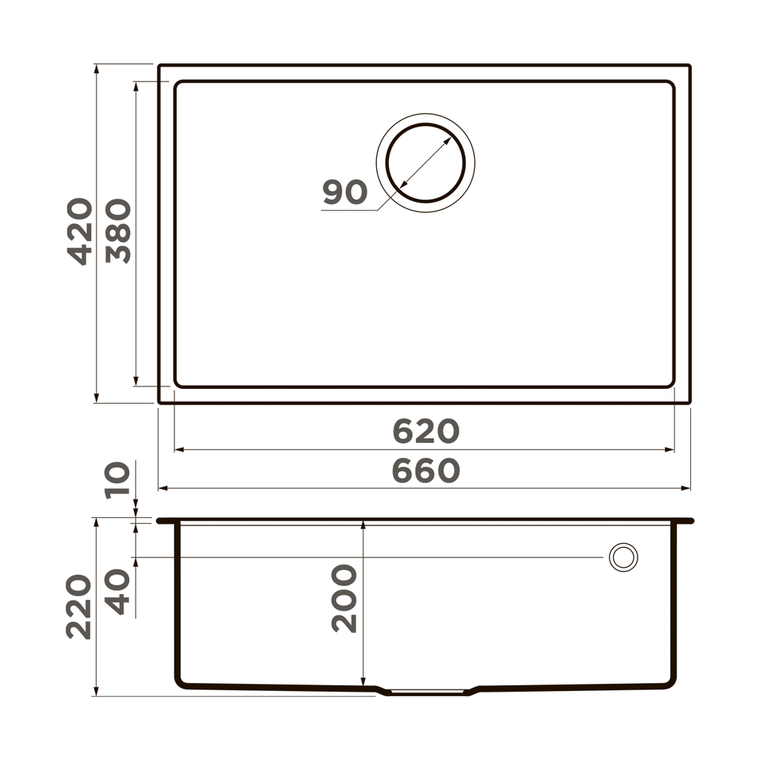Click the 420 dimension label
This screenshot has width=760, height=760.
80,231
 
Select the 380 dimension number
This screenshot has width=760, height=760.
118,231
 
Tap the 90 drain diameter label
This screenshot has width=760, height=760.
345,193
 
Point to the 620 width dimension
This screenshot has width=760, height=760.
426,431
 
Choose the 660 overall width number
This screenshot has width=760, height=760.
426,471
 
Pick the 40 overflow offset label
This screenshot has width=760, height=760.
118,592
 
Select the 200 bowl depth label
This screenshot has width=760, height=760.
344,598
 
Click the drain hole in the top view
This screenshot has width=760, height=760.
425,163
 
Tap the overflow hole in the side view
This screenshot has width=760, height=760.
623,557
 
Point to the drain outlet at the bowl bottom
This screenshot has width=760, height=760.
427,692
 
